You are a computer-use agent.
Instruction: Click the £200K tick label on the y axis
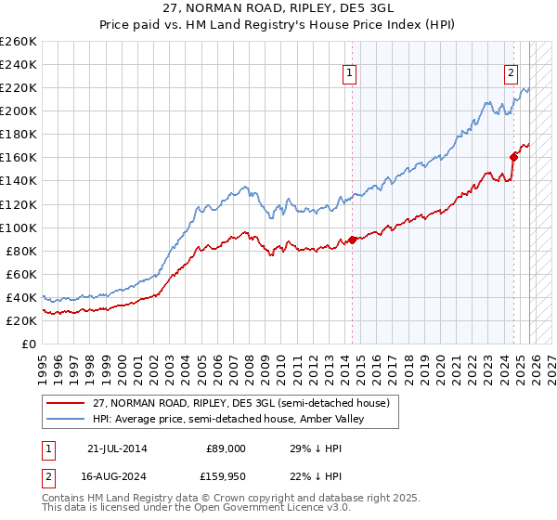point(19,110)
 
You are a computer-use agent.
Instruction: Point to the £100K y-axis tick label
point(19,227)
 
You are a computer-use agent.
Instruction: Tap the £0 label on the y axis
point(29,344)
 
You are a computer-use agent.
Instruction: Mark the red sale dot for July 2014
point(352,240)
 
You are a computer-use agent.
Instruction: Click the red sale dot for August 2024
point(513,156)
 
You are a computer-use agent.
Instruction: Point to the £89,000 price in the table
point(226,448)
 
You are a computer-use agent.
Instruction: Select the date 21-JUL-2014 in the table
point(116,448)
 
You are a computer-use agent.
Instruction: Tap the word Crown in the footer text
point(236,499)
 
